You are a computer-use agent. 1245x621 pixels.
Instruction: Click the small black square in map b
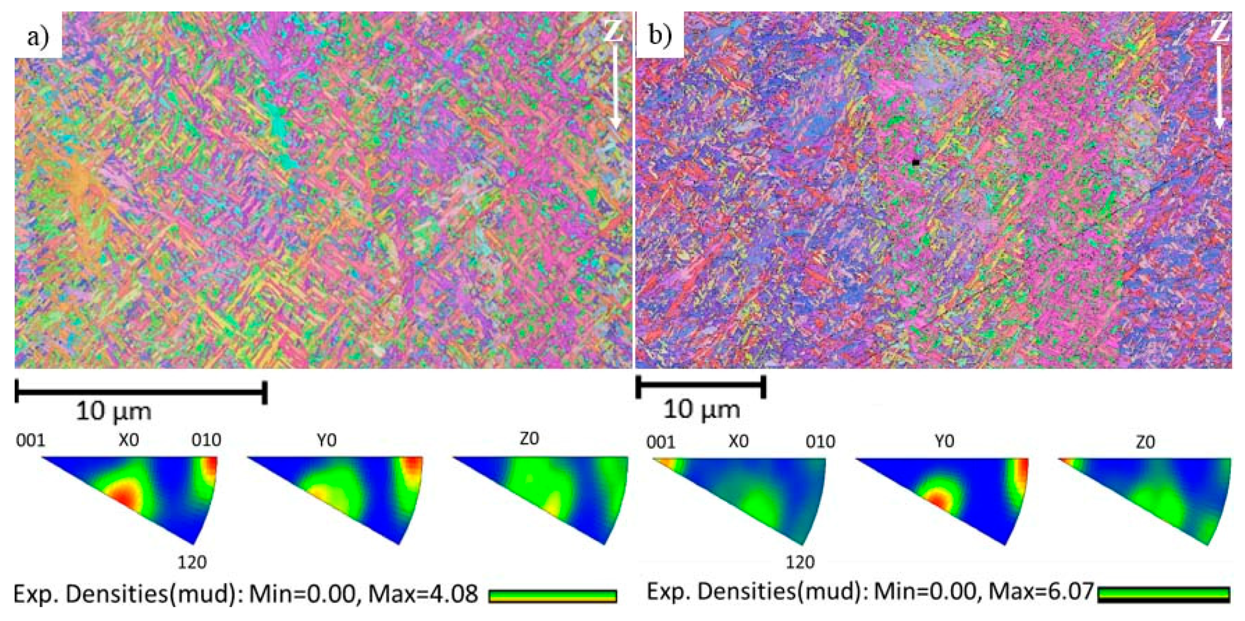point(916,163)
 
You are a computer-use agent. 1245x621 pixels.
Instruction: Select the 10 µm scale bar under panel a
point(141,392)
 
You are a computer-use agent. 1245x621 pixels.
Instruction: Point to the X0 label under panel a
point(128,440)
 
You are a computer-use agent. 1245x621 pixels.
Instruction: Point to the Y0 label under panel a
point(326,440)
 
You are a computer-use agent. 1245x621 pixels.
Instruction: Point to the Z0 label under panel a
point(529,439)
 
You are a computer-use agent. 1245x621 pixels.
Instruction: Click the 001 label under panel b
point(661,442)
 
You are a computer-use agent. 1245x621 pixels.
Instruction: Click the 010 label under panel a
point(206,440)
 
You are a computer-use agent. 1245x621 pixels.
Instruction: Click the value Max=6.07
point(1041,592)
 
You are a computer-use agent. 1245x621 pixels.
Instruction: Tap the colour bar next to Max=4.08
point(552,596)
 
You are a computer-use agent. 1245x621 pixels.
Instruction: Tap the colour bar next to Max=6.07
point(1164,594)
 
